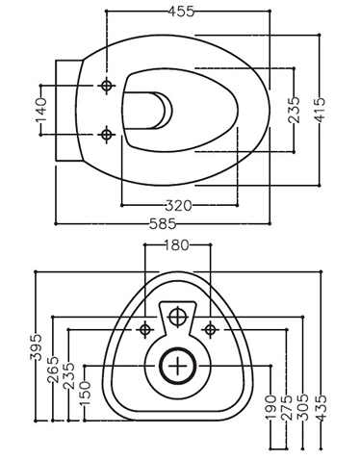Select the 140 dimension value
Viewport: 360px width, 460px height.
pyautogui.click(x=41, y=108)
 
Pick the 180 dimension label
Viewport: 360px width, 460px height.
pyautogui.click(x=176, y=246)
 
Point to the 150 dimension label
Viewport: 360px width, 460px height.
pyautogui.click(x=84, y=392)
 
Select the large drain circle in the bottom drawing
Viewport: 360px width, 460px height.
pyautogui.click(x=177, y=366)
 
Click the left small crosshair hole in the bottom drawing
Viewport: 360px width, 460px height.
pyautogui.click(x=145, y=330)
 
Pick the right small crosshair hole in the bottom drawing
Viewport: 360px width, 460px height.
pyautogui.click(x=210, y=330)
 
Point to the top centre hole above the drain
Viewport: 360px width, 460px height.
pyautogui.click(x=177, y=316)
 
